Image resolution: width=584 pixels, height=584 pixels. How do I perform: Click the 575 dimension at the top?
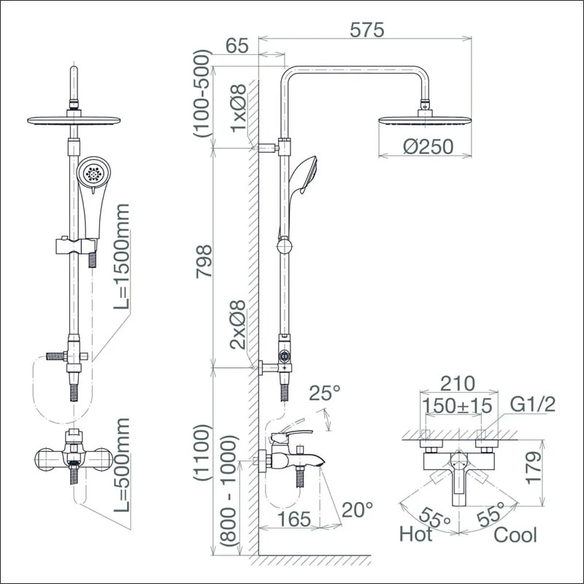pyautogui.click(x=366, y=30)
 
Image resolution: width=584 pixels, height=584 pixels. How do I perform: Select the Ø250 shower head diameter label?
pyautogui.click(x=428, y=146)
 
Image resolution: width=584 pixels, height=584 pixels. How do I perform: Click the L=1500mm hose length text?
pyautogui.click(x=122, y=256)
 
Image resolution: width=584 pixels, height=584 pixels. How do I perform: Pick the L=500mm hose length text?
pyautogui.click(x=122, y=464)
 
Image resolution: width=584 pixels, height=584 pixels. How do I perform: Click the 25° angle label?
pyautogui.click(x=325, y=393)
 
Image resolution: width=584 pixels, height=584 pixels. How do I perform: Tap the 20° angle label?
pyautogui.click(x=358, y=509)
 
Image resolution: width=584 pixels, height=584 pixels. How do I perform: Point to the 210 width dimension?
pyautogui.click(x=458, y=383)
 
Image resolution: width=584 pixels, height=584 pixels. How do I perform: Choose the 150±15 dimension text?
pyautogui.click(x=458, y=404)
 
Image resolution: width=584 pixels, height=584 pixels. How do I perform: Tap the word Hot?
pyautogui.click(x=415, y=534)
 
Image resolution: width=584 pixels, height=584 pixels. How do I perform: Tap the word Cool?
pyautogui.click(x=515, y=534)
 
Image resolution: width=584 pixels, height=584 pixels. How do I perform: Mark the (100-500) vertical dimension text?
pyautogui.click(x=201, y=93)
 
